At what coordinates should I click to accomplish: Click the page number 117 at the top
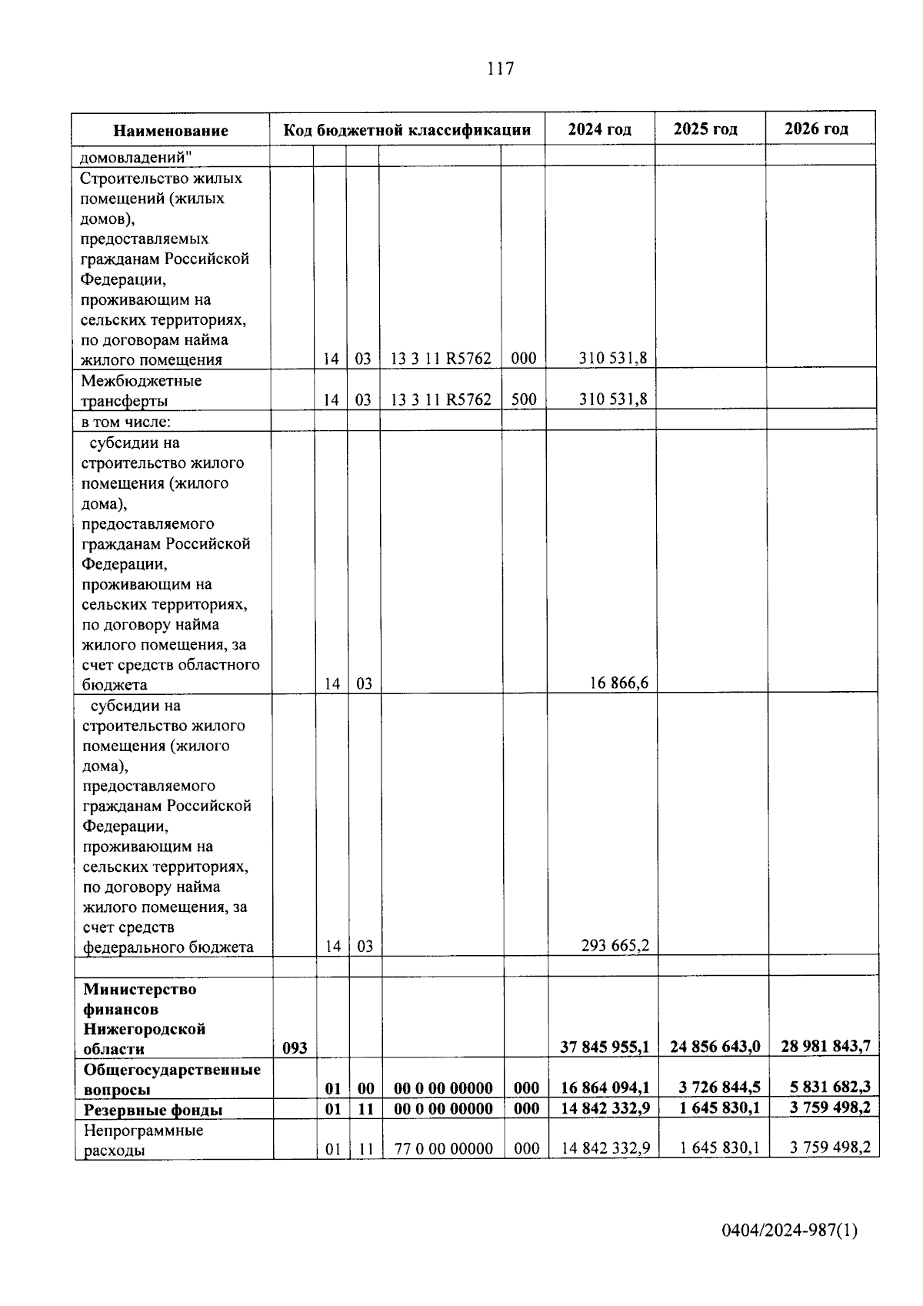click(x=500, y=68)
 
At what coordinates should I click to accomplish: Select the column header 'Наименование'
click(x=171, y=131)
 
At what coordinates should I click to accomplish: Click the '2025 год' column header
click(x=705, y=129)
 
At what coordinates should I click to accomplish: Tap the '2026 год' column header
click(x=816, y=129)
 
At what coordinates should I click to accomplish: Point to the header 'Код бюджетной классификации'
click(x=407, y=130)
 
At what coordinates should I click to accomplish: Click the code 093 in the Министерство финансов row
click(x=295, y=1048)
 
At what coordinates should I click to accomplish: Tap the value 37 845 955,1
click(x=605, y=1047)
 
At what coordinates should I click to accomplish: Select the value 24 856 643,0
click(x=715, y=1047)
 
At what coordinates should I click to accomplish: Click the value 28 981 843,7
click(x=825, y=1047)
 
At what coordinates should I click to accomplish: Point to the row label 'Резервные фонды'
click(x=153, y=1110)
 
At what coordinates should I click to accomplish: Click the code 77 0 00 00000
click(x=443, y=1149)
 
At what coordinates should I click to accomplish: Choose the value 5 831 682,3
click(x=830, y=1088)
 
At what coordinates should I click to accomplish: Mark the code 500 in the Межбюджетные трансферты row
click(x=524, y=399)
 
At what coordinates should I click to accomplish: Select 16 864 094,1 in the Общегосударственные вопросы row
click(x=605, y=1088)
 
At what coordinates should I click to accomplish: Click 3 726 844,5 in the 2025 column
click(x=720, y=1088)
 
